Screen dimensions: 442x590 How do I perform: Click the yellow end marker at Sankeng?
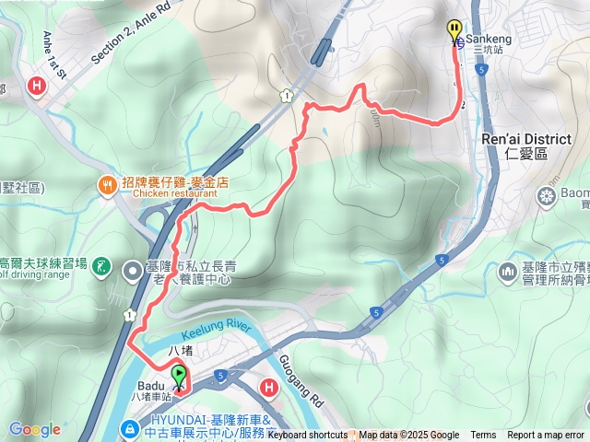[454, 29]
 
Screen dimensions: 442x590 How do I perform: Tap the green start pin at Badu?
[178, 376]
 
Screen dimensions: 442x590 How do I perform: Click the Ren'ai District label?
[525, 139]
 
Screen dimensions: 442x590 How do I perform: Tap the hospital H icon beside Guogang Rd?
[270, 389]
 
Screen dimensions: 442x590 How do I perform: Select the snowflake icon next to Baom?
[546, 196]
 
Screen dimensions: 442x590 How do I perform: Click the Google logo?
[34, 429]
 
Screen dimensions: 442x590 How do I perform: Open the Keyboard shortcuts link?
[308, 436]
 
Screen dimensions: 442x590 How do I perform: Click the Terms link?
[483, 436]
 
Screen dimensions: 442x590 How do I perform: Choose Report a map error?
[547, 436]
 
